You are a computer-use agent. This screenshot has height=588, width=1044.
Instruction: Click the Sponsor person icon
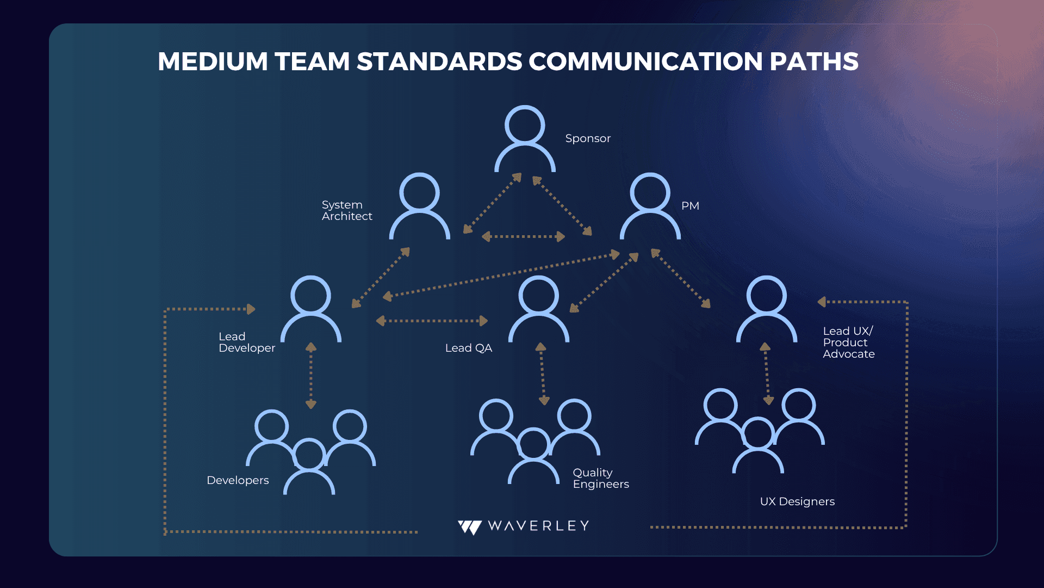[x=525, y=124]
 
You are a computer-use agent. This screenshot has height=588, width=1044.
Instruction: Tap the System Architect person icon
[x=419, y=192]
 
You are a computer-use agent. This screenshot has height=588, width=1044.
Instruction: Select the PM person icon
[x=650, y=192]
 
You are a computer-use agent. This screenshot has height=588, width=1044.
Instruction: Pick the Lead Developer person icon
[x=310, y=295]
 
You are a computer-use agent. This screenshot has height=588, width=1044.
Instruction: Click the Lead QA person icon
[x=538, y=295]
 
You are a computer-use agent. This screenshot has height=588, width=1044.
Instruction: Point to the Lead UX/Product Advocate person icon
[x=766, y=295]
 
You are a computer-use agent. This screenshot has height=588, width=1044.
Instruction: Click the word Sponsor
[x=588, y=139]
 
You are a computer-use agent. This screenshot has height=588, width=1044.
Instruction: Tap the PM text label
[x=690, y=206]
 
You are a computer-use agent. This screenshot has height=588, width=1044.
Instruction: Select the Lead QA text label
[x=469, y=348]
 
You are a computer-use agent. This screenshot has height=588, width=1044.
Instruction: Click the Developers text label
[x=238, y=480]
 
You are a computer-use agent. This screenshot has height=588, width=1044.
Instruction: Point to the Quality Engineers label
[x=601, y=478]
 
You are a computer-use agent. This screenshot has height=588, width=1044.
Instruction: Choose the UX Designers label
[x=797, y=501]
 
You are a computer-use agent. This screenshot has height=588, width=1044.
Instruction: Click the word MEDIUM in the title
[x=213, y=62]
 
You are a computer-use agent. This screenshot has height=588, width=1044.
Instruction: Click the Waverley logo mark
[x=470, y=527]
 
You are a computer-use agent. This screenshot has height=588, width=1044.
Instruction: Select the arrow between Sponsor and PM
[x=562, y=206]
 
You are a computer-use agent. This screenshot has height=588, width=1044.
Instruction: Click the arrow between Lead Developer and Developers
[x=311, y=376]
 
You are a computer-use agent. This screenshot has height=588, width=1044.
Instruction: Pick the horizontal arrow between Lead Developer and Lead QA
[x=432, y=321]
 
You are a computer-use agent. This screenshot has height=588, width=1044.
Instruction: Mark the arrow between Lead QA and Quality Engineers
[x=542, y=374]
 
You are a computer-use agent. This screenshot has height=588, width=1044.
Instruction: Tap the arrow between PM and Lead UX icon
[x=681, y=278]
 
